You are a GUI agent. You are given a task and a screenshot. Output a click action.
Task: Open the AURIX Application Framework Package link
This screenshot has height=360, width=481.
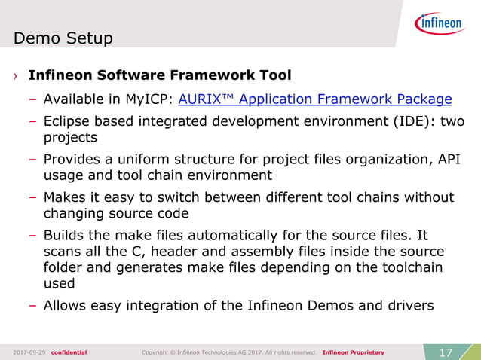(314, 99)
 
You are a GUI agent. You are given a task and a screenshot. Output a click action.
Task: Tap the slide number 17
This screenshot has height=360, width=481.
(445, 352)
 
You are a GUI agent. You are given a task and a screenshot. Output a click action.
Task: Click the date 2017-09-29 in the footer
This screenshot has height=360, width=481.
(29, 352)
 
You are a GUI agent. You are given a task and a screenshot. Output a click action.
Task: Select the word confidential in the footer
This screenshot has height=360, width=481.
(69, 352)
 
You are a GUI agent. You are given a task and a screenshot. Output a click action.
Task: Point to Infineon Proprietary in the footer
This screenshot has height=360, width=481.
(353, 352)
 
